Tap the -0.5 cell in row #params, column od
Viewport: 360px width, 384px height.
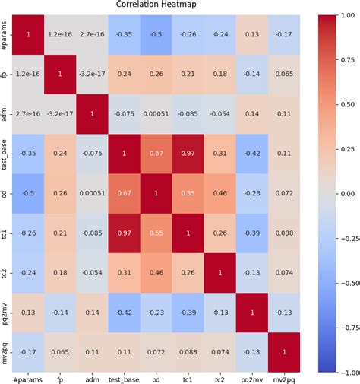[154, 35]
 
